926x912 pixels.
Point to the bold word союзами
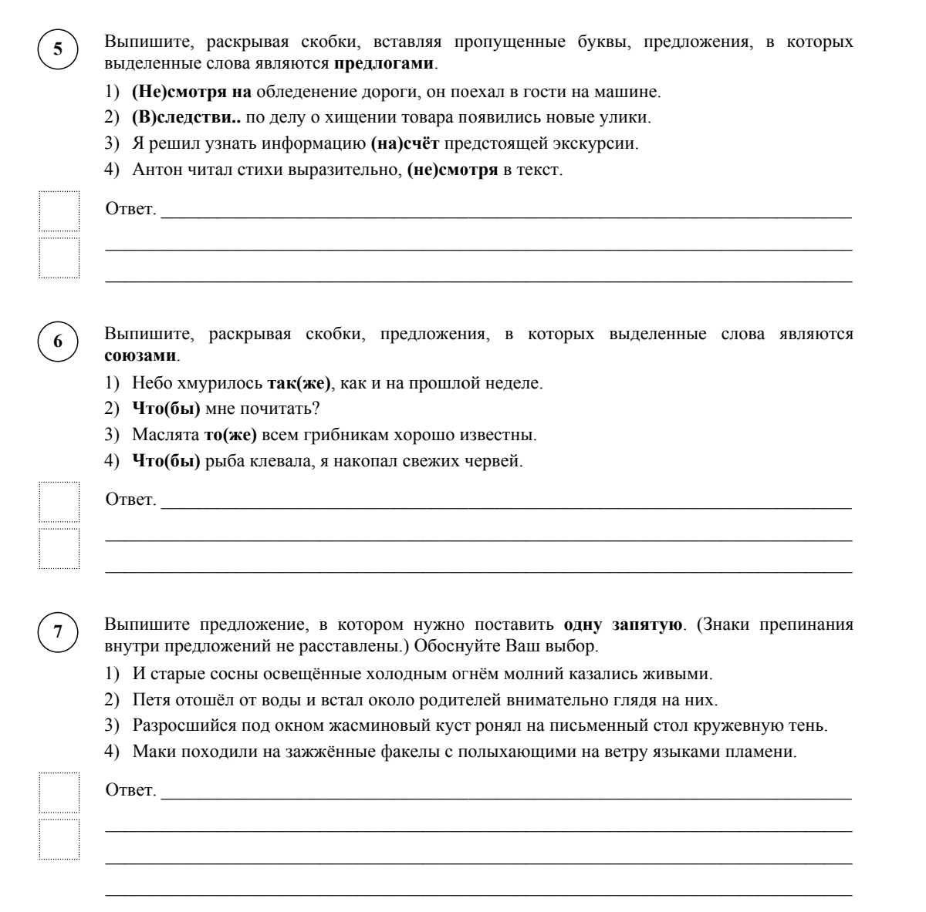click(140, 357)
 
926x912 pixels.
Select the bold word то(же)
click(230, 435)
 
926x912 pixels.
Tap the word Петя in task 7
click(147, 700)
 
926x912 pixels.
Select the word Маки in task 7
click(150, 752)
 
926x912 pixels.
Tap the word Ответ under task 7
click(130, 791)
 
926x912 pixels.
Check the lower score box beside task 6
click(59, 548)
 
